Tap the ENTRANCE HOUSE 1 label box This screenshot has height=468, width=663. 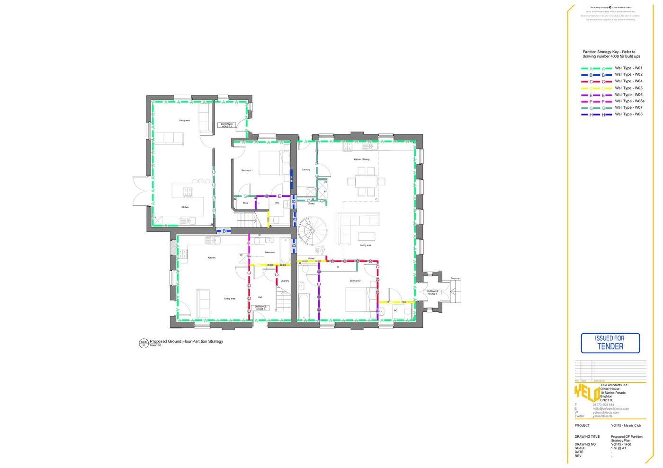[432, 292]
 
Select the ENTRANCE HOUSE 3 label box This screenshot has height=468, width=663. [260, 308]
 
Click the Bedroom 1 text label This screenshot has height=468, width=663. [247, 170]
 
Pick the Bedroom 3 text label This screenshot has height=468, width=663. [355, 281]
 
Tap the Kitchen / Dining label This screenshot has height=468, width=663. [361, 159]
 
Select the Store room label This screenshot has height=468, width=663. [245, 203]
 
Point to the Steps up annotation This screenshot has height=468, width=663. [455, 278]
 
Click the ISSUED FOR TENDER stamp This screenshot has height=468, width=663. [610, 343]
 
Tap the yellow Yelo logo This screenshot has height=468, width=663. [586, 393]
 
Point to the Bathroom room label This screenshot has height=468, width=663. [269, 253]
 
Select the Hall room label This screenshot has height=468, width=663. [260, 297]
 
